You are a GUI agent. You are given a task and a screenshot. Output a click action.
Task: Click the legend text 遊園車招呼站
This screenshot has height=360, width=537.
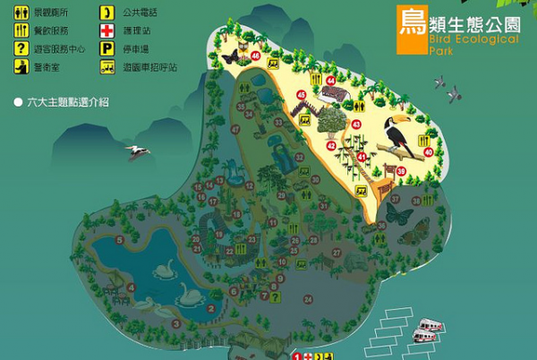[144, 66]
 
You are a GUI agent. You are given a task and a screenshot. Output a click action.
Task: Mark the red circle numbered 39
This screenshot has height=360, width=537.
[401, 170]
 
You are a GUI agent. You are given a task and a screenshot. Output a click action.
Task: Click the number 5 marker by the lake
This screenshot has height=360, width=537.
[121, 241]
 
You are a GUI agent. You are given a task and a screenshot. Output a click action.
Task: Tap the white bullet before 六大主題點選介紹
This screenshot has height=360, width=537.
[18, 102]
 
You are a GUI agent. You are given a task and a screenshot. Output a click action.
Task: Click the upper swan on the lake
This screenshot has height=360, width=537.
[164, 269]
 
